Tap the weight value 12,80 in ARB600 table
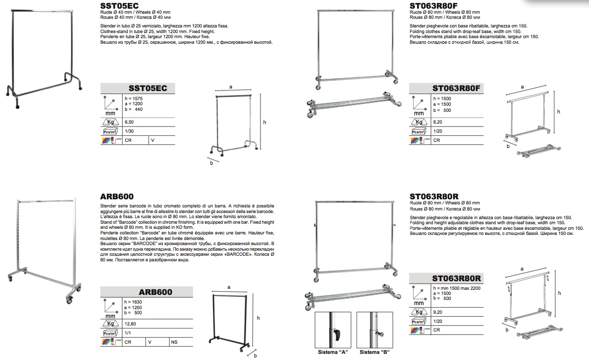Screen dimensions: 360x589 (x=130, y=323)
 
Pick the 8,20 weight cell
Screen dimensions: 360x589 (x=437, y=122)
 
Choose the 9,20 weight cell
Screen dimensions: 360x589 (x=437, y=312)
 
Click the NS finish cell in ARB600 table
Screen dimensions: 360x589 (x=174, y=342)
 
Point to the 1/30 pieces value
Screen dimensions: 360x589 (x=129, y=131)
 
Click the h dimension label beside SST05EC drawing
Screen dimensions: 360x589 (x=264, y=122)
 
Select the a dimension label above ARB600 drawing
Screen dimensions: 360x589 (x=228, y=287)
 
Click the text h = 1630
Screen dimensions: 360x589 (x=133, y=302)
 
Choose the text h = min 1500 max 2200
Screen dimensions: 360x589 (x=457, y=288)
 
